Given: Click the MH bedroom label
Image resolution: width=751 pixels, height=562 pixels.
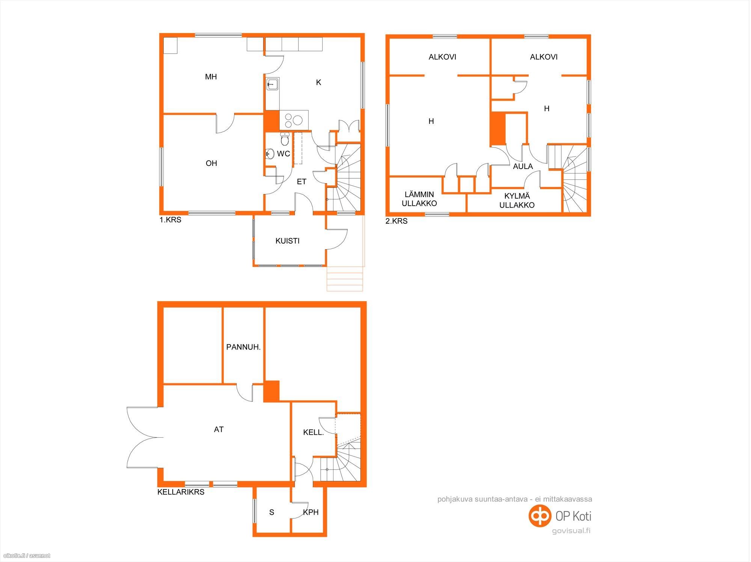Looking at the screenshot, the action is click(211, 77).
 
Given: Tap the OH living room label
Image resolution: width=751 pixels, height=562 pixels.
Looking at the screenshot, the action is click(211, 163).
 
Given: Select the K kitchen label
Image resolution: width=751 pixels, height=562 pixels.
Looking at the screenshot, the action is click(318, 83).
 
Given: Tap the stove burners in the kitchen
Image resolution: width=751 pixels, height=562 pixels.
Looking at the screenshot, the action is click(294, 120).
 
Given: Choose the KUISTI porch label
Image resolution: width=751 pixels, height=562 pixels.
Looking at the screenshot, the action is click(288, 241).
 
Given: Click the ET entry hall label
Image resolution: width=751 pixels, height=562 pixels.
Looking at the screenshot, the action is click(302, 182).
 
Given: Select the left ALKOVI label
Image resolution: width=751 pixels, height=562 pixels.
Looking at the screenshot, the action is click(442, 57).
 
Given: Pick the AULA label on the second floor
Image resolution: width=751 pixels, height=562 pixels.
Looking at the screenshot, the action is click(523, 166).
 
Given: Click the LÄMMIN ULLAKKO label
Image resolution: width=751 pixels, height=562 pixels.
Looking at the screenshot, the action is click(419, 199).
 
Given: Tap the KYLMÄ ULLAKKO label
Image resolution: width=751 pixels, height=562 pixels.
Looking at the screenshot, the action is click(517, 200).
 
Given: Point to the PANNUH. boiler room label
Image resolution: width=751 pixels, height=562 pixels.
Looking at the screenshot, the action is click(243, 347).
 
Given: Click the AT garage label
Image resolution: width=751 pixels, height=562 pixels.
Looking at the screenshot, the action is click(219, 429).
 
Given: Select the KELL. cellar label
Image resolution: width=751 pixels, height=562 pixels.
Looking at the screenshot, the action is click(314, 432).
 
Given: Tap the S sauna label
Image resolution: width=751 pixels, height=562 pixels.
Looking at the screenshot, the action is click(272, 512).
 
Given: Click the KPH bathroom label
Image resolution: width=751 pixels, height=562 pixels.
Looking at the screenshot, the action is click(311, 512).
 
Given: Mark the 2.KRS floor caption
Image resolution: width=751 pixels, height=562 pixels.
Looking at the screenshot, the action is click(397, 221).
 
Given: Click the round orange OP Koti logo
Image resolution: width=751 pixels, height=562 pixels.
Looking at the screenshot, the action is click(540, 516).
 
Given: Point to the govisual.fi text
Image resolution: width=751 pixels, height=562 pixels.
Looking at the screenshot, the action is click(571, 531).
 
